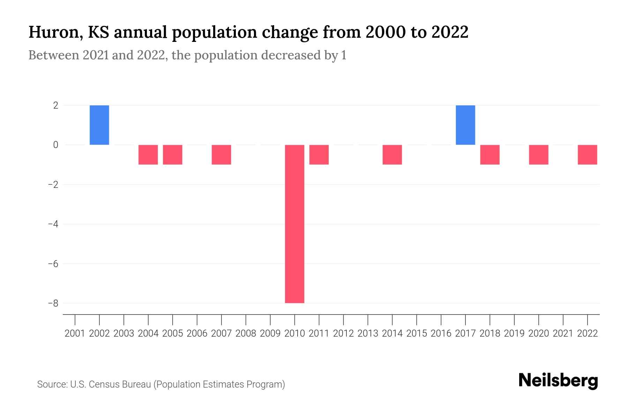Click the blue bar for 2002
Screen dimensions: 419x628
point(99,125)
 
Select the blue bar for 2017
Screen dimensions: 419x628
point(465,125)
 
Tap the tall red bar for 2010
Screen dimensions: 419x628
point(294,223)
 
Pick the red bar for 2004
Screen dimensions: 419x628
point(148,155)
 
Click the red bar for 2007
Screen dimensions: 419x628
point(222,155)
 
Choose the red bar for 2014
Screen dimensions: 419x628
point(392,155)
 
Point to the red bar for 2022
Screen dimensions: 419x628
point(588,155)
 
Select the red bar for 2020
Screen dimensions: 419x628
point(539,155)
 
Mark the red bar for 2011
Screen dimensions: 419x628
point(319,155)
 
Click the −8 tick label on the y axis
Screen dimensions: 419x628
point(53,303)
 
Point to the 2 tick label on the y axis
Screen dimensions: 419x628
point(56,105)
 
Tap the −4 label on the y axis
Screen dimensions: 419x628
point(53,224)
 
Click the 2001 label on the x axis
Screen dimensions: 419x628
point(75,333)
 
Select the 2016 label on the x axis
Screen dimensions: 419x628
point(441,333)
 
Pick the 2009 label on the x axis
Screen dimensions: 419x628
point(270,333)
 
